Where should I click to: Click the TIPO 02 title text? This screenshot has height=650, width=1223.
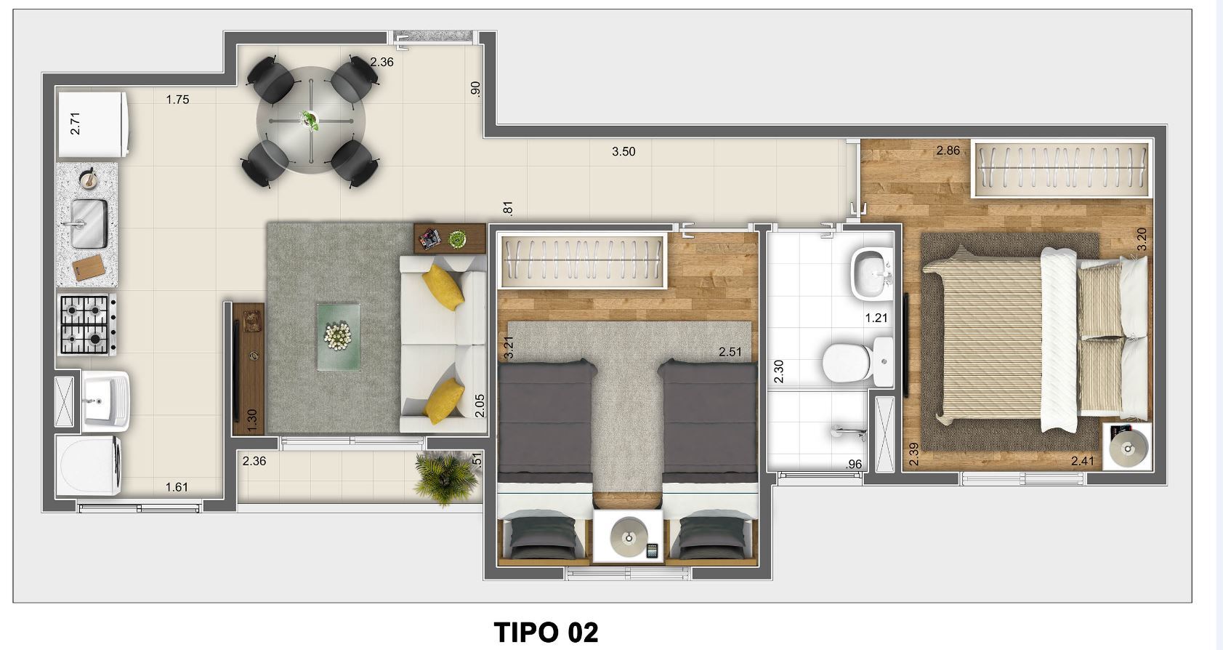[546, 632]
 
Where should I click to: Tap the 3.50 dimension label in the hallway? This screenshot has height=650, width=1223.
[623, 152]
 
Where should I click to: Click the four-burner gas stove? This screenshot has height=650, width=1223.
[86, 325]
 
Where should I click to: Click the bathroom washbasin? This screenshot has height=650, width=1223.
[871, 273]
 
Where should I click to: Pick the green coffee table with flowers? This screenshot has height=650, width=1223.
[338, 337]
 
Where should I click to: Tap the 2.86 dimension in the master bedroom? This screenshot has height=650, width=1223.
[948, 151]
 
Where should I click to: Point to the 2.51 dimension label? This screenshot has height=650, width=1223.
[730, 352]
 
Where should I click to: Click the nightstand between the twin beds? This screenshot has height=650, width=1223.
[628, 537]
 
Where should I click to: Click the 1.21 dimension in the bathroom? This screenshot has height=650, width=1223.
[876, 318]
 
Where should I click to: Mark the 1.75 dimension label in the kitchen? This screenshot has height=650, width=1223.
[177, 100]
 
